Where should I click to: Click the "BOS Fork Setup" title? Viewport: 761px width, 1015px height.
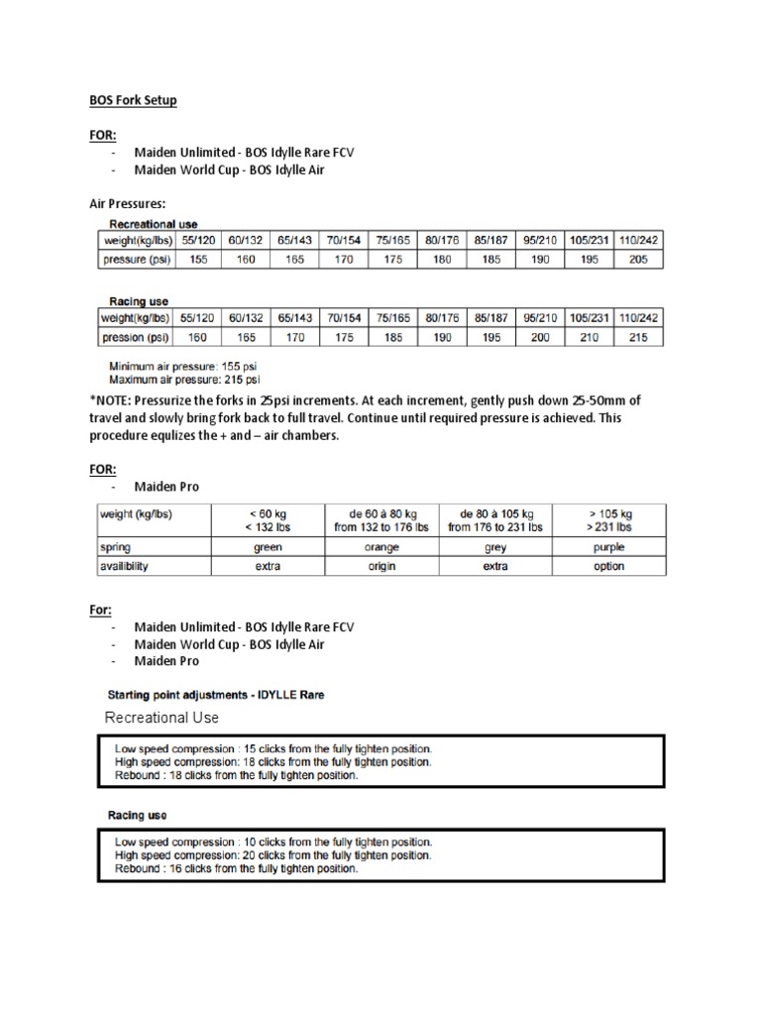(129, 101)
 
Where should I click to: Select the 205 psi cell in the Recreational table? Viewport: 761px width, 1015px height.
(639, 259)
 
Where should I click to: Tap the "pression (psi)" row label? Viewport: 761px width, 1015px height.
(135, 337)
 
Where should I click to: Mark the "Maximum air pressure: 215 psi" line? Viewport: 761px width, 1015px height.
(184, 379)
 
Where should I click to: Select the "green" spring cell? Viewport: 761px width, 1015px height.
(268, 546)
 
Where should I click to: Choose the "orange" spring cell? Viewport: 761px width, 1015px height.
(380, 546)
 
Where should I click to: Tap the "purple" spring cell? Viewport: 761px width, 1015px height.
(608, 546)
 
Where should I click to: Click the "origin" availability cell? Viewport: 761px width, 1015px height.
(380, 566)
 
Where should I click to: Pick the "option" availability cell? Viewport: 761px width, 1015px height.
(608, 566)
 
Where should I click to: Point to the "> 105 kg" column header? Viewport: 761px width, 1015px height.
(608, 513)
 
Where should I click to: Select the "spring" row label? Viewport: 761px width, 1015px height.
(117, 546)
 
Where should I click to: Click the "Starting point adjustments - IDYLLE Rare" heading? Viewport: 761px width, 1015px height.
(215, 695)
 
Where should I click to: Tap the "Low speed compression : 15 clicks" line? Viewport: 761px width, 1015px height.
(272, 748)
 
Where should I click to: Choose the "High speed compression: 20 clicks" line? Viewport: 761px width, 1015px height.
(272, 854)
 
